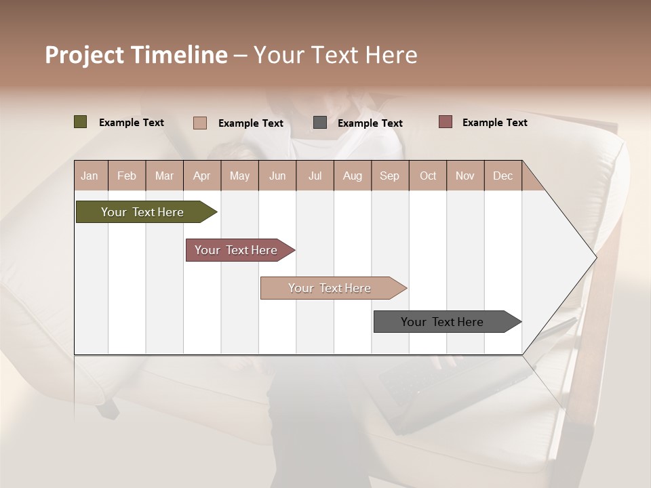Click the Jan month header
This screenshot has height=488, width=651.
[x=90, y=176]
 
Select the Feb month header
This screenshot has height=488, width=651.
[x=127, y=176]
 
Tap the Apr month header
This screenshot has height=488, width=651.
[x=201, y=176]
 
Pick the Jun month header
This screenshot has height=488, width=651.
[x=277, y=176]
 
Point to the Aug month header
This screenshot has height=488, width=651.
[x=352, y=176]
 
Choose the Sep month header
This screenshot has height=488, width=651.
[x=389, y=176]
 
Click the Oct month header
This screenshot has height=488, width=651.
[x=428, y=176]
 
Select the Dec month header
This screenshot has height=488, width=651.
[x=502, y=176]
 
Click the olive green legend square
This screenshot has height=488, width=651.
[x=80, y=122]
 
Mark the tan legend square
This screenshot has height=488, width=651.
[x=199, y=123]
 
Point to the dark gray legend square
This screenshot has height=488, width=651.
[x=320, y=123]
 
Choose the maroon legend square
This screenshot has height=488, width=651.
[x=445, y=122]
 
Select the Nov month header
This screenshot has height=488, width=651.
[x=465, y=176]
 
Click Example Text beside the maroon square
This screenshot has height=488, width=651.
[x=494, y=123]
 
